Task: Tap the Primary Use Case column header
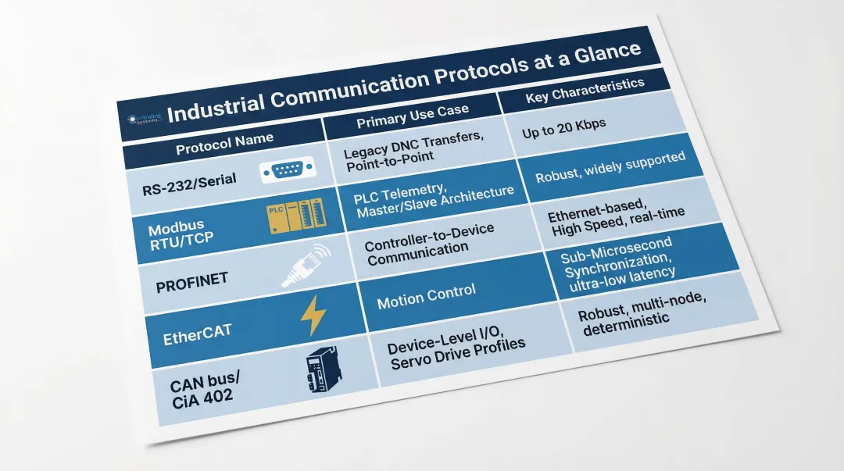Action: coord(412,117)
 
